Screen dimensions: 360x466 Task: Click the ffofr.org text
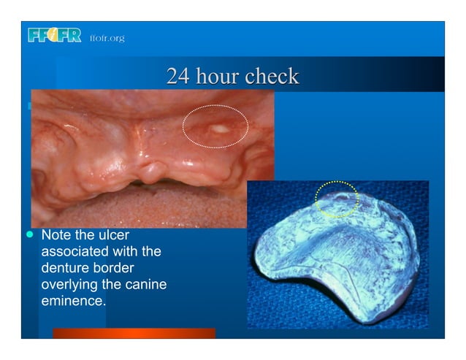(x=107, y=37)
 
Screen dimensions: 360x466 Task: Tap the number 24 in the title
(x=176, y=76)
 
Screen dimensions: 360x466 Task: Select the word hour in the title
(x=217, y=76)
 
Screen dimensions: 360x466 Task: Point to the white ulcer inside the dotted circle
(x=217, y=130)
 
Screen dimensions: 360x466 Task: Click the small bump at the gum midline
(x=152, y=173)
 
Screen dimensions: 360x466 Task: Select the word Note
(x=56, y=237)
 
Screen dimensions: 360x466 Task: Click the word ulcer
(x=112, y=237)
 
